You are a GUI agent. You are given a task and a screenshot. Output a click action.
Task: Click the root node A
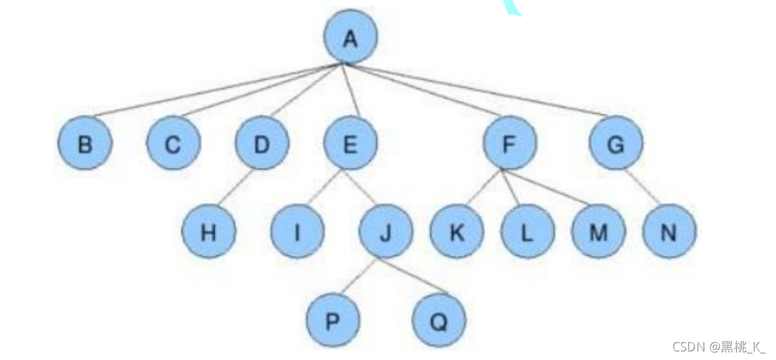350,38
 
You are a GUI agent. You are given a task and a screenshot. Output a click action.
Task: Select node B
85,144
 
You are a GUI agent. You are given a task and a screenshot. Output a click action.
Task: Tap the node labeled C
173,144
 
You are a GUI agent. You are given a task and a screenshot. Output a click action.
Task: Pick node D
262,144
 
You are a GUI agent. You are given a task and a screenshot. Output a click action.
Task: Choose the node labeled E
350,144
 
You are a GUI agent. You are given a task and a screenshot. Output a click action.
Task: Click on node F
509,144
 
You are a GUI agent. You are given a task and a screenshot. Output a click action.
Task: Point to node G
616,144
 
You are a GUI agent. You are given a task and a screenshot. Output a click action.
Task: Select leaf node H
209,232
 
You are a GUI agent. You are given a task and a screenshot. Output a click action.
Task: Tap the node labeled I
297,232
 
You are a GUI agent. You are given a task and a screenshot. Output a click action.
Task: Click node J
385,232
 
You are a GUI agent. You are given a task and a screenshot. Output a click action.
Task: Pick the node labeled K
456,232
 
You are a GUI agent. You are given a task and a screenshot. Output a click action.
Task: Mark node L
527,232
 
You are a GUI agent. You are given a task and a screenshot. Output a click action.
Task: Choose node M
598,232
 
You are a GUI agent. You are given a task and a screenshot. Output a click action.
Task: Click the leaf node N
669,232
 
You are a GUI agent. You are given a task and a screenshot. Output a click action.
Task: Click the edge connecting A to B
218,91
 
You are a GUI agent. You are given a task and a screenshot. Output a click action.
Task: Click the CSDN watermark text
718,347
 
